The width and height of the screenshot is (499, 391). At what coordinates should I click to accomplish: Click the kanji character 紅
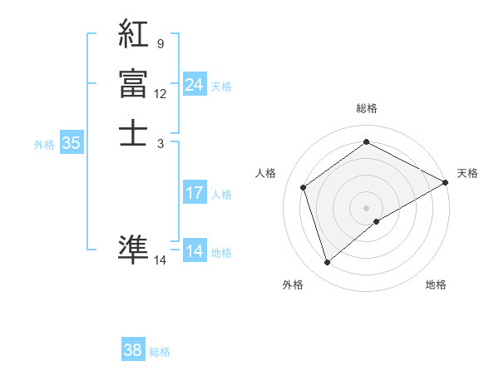[x=134, y=35]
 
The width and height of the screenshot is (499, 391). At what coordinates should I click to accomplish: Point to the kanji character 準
[x=134, y=247]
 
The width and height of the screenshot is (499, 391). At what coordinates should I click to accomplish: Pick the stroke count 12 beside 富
[x=160, y=94]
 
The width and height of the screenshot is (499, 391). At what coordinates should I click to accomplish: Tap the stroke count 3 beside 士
[x=160, y=143]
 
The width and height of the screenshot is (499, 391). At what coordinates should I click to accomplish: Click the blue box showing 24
[x=195, y=85]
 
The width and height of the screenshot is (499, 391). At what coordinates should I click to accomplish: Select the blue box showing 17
[x=195, y=193]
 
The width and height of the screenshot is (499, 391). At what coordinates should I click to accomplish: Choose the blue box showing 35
[x=72, y=143]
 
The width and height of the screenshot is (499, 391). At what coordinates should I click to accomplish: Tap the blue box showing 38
[x=133, y=350]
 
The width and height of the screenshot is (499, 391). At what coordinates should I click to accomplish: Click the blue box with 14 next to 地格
[x=195, y=251]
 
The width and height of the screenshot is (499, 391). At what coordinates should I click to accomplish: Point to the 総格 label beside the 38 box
[x=160, y=352]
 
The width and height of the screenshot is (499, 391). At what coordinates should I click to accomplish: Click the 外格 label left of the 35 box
[x=44, y=145]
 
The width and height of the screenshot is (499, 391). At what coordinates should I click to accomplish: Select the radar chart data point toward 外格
[x=327, y=263]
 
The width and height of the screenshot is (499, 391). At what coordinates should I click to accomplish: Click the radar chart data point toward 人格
[x=304, y=187]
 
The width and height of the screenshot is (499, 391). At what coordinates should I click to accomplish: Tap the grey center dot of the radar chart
[x=366, y=207]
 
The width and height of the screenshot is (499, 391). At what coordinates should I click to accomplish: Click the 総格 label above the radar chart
[x=366, y=108]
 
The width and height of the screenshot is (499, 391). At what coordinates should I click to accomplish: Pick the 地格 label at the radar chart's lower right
[x=436, y=285]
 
